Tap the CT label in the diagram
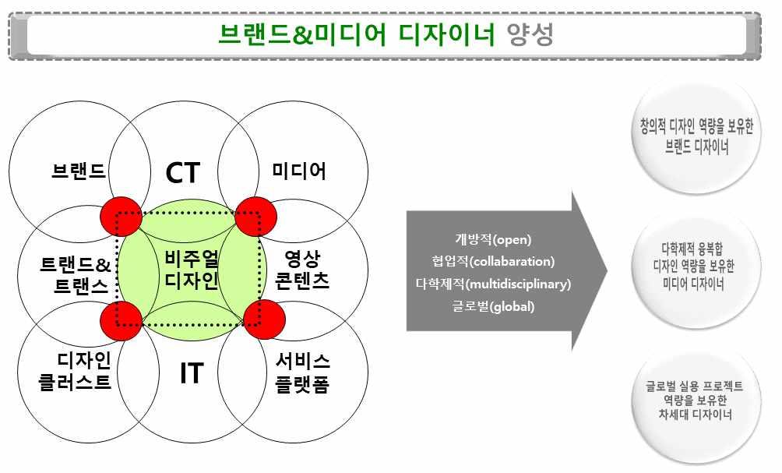coord(184,173)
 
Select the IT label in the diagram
coord(191,373)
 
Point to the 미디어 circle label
coord(299,171)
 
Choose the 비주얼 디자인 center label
coord(192,270)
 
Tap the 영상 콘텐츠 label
coord(302,270)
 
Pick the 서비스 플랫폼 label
coord(302,372)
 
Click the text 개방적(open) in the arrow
coord(493,239)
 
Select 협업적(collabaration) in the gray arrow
coord(493,261)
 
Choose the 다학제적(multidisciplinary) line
coord(493,284)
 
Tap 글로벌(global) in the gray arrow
coord(493,306)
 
